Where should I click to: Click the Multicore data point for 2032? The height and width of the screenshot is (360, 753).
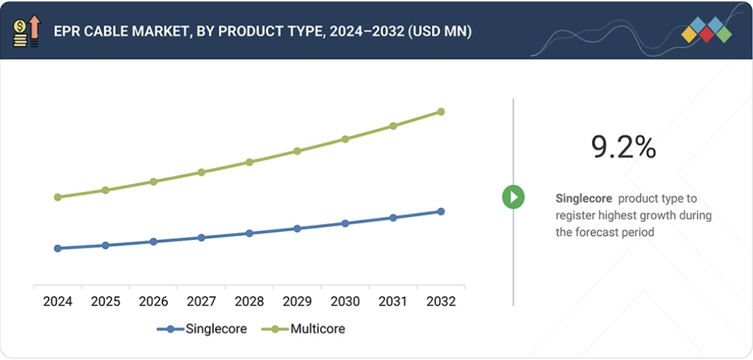click(441, 112)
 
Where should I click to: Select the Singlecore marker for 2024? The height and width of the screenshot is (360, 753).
click(58, 248)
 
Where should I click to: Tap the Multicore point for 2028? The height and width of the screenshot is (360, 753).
click(249, 162)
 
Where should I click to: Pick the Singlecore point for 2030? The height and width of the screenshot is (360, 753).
click(345, 223)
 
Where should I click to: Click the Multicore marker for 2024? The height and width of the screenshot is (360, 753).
click(58, 197)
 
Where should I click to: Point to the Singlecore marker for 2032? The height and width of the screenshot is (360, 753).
click(441, 212)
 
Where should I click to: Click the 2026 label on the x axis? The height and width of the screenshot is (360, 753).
click(153, 302)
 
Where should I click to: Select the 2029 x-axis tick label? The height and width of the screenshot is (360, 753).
click(297, 302)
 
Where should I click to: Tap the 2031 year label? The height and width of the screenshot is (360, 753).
click(393, 302)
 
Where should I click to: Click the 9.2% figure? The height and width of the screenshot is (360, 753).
click(623, 148)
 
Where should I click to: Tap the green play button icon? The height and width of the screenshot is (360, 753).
click(514, 197)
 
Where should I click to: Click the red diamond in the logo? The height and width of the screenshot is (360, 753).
click(707, 34)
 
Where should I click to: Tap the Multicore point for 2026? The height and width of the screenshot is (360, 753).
click(153, 182)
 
